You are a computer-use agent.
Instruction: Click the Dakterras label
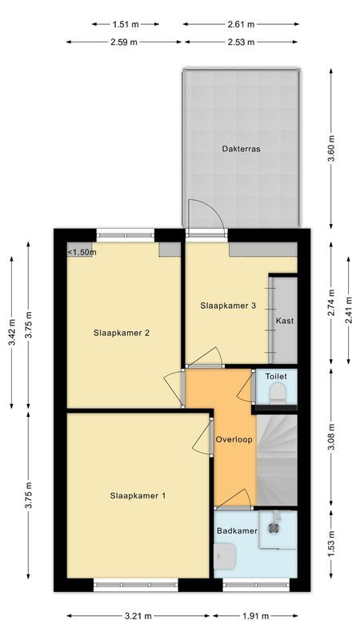[x=242, y=149]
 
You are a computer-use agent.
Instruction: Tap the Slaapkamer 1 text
[x=138, y=496]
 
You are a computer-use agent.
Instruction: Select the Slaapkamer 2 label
[x=122, y=334]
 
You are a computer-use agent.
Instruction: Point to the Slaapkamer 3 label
[x=228, y=305]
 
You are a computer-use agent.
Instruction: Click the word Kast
[x=284, y=321]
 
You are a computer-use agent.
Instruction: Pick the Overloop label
[x=234, y=440]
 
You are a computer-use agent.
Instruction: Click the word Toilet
[x=276, y=375]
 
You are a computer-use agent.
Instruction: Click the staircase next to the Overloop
[x=277, y=460]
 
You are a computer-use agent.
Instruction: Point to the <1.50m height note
[x=82, y=253]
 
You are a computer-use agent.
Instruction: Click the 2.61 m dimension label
[x=239, y=24]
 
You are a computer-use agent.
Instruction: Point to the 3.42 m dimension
[x=11, y=331]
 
